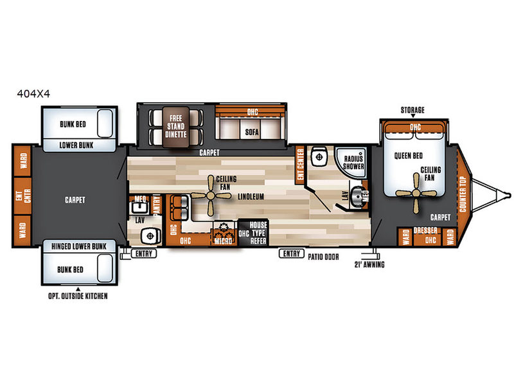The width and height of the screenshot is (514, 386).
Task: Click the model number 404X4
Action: pos(33,94)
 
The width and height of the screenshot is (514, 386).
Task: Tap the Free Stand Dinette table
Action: pos(176,126)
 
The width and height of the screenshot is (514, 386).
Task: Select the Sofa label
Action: pos(252,132)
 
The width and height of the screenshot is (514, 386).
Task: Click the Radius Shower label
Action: pos(353,163)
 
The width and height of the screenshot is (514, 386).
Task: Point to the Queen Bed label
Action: pos(409,156)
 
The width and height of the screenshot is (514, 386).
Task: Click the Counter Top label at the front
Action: pos(463,194)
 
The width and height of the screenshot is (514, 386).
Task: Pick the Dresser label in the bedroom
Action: pos(425,230)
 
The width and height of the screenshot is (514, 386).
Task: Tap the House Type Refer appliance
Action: pos(253,233)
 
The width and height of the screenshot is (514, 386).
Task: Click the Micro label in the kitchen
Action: pos(223,241)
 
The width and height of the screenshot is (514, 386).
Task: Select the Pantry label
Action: pos(157,205)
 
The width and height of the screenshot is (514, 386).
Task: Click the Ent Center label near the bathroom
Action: pos(299,164)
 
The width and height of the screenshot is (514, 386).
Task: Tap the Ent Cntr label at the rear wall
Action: pos(23,196)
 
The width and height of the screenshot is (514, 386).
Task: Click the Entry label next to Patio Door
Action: pos(292,253)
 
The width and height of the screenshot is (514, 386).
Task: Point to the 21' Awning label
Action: pos(369,264)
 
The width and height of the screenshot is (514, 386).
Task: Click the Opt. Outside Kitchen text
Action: pos(78,296)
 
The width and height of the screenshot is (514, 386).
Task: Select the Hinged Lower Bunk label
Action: pos(79,246)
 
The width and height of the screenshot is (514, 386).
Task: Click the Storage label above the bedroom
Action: pos(412,110)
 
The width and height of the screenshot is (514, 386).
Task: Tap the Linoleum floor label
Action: pos(251,197)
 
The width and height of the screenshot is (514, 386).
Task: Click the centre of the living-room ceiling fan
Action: pos(211,196)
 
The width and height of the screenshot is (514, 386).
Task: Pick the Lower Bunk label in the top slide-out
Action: pos(76,145)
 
